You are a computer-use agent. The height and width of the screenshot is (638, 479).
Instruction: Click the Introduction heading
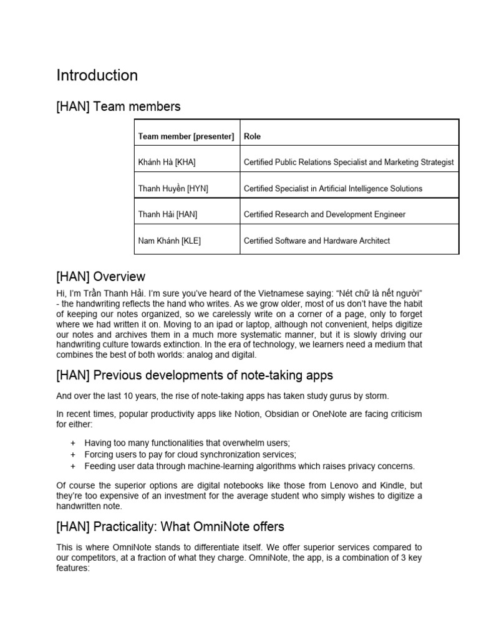tap(97, 75)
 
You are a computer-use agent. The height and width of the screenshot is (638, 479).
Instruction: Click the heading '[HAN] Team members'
tap(119, 107)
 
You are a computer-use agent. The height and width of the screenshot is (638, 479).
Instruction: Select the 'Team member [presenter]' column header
tap(186, 136)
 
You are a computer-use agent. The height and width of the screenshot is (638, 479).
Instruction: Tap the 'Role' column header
tap(253, 136)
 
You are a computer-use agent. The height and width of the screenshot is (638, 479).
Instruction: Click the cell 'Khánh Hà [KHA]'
tap(167, 162)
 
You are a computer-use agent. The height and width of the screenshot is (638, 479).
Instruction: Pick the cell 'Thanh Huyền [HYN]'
tap(173, 188)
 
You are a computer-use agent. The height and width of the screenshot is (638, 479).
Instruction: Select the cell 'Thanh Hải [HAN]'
tap(168, 214)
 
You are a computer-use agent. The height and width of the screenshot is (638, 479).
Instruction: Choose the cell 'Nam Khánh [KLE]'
tap(170, 240)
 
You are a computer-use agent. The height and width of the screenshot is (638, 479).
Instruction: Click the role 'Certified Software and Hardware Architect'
tap(317, 240)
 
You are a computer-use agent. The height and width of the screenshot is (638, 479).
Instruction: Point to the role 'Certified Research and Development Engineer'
tap(324, 214)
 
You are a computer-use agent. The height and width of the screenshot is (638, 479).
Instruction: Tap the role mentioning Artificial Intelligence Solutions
tap(333, 188)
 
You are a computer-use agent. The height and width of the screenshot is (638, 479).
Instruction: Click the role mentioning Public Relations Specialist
tap(349, 162)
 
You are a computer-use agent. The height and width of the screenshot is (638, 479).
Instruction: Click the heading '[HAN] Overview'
tap(101, 276)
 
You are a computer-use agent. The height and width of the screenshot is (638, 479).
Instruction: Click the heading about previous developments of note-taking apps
tap(195, 375)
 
